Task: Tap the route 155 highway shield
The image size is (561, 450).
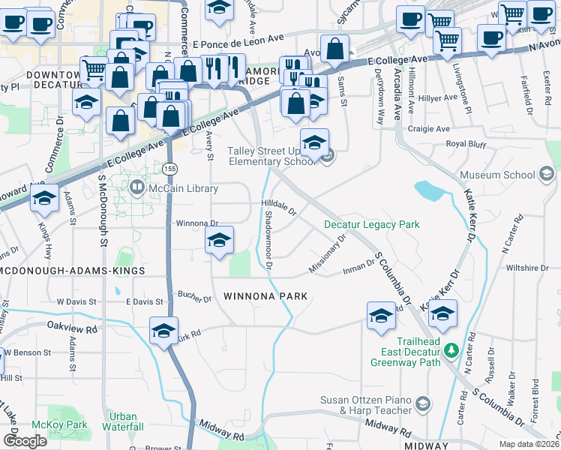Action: pyautogui.click(x=172, y=166)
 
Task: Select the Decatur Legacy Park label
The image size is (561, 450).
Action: pyautogui.click(x=371, y=224)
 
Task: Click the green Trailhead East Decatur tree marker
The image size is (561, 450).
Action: pyautogui.click(x=451, y=350)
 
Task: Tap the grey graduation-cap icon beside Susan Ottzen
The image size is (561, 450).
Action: pyautogui.click(x=423, y=405)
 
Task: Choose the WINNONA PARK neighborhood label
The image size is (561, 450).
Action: pyautogui.click(x=265, y=297)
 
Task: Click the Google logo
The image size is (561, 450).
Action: pyautogui.click(x=25, y=441)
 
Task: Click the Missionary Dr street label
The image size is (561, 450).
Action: pyautogui.click(x=328, y=255)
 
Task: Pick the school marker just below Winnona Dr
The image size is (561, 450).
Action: pyautogui.click(x=219, y=241)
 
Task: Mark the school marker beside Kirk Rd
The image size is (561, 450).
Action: pyautogui.click(x=163, y=331)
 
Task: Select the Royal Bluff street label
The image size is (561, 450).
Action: pyautogui.click(x=466, y=143)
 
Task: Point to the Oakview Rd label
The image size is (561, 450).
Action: pyautogui.click(x=72, y=328)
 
